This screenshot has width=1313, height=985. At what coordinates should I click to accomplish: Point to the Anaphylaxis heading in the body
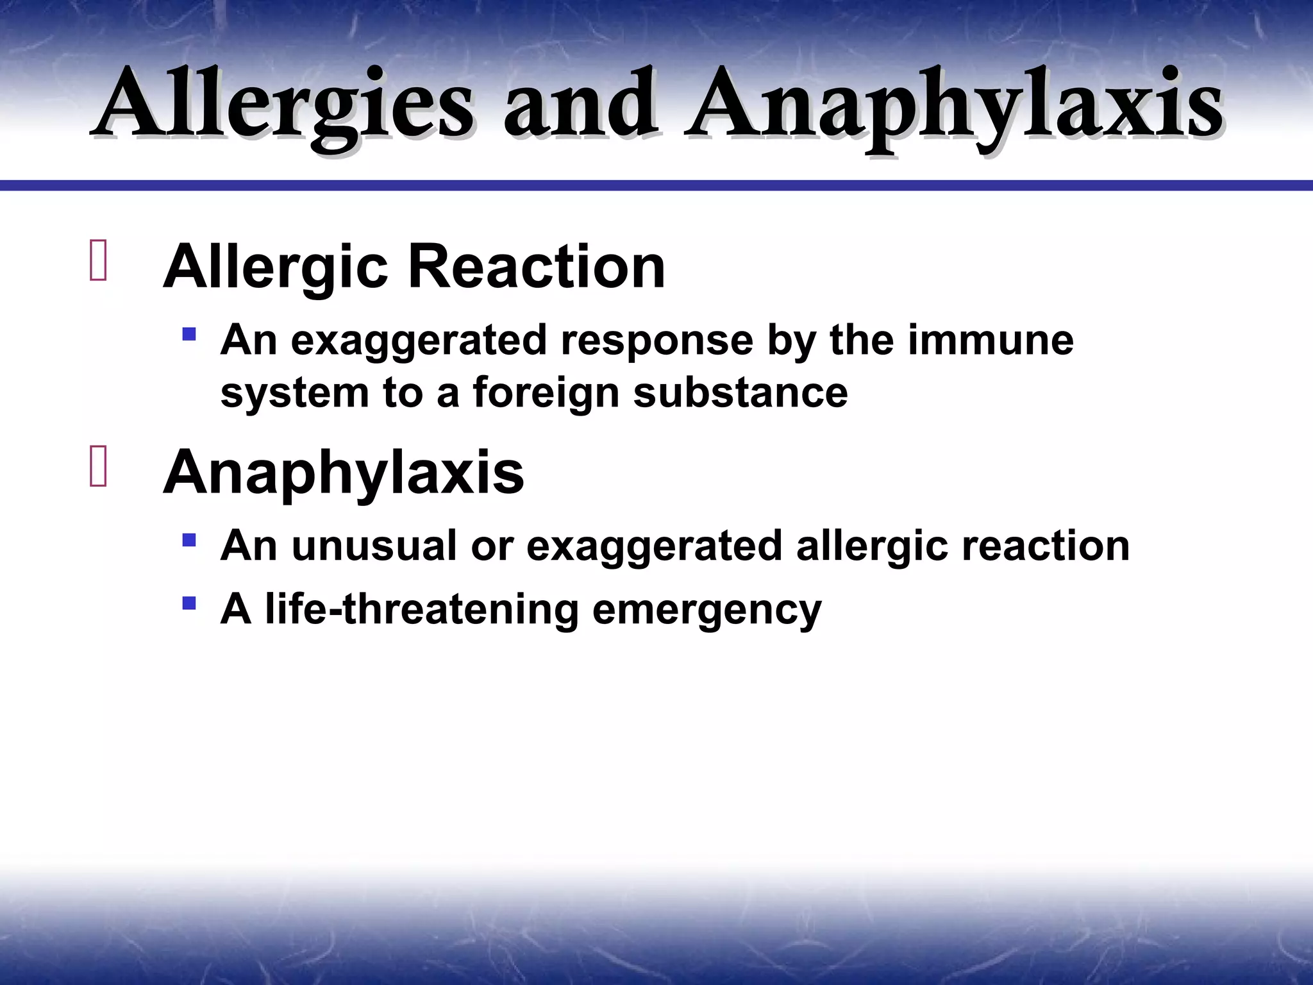point(344,473)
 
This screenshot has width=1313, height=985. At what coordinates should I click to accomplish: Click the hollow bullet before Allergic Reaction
point(98,260)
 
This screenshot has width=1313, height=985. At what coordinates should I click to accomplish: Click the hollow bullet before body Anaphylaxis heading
point(98,466)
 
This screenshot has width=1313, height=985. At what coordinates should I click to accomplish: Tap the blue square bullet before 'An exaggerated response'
point(188,334)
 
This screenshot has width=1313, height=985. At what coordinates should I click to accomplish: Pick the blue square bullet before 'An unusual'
point(188,540)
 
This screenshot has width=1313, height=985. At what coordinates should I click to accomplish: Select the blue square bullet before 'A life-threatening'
point(188,603)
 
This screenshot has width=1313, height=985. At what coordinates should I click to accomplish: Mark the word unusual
point(374,546)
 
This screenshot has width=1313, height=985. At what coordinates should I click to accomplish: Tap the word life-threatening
point(422,609)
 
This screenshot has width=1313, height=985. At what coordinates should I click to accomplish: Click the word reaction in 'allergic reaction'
point(1045,546)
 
